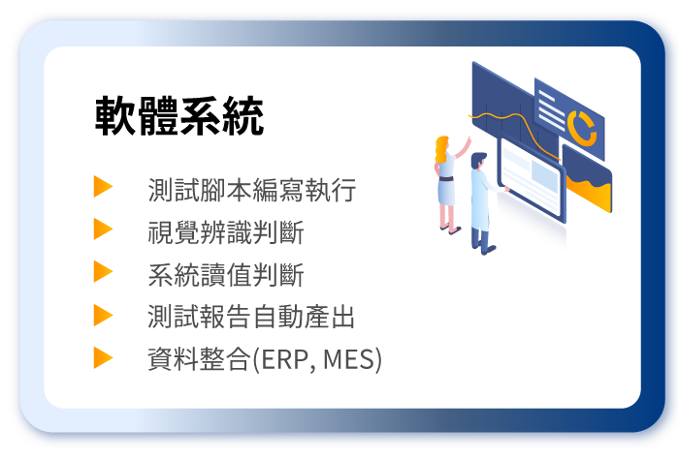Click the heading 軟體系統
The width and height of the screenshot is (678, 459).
click(179, 116)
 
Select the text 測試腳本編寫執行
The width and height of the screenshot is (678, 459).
click(252, 190)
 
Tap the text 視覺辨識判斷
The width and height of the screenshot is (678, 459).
click(226, 232)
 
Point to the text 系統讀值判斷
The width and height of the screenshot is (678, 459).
click(226, 275)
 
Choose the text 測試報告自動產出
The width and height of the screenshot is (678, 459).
click(251, 317)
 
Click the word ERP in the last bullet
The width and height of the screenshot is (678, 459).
click(285, 359)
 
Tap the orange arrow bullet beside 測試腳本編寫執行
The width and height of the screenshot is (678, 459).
click(103, 186)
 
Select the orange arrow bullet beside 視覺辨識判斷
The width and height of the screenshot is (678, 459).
click(103, 229)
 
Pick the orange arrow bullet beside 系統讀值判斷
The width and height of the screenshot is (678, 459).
click(103, 271)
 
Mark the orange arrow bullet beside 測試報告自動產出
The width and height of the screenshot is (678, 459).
click(103, 315)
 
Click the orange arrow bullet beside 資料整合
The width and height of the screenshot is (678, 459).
click(103, 358)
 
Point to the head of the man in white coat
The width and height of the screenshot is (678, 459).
click(478, 161)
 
